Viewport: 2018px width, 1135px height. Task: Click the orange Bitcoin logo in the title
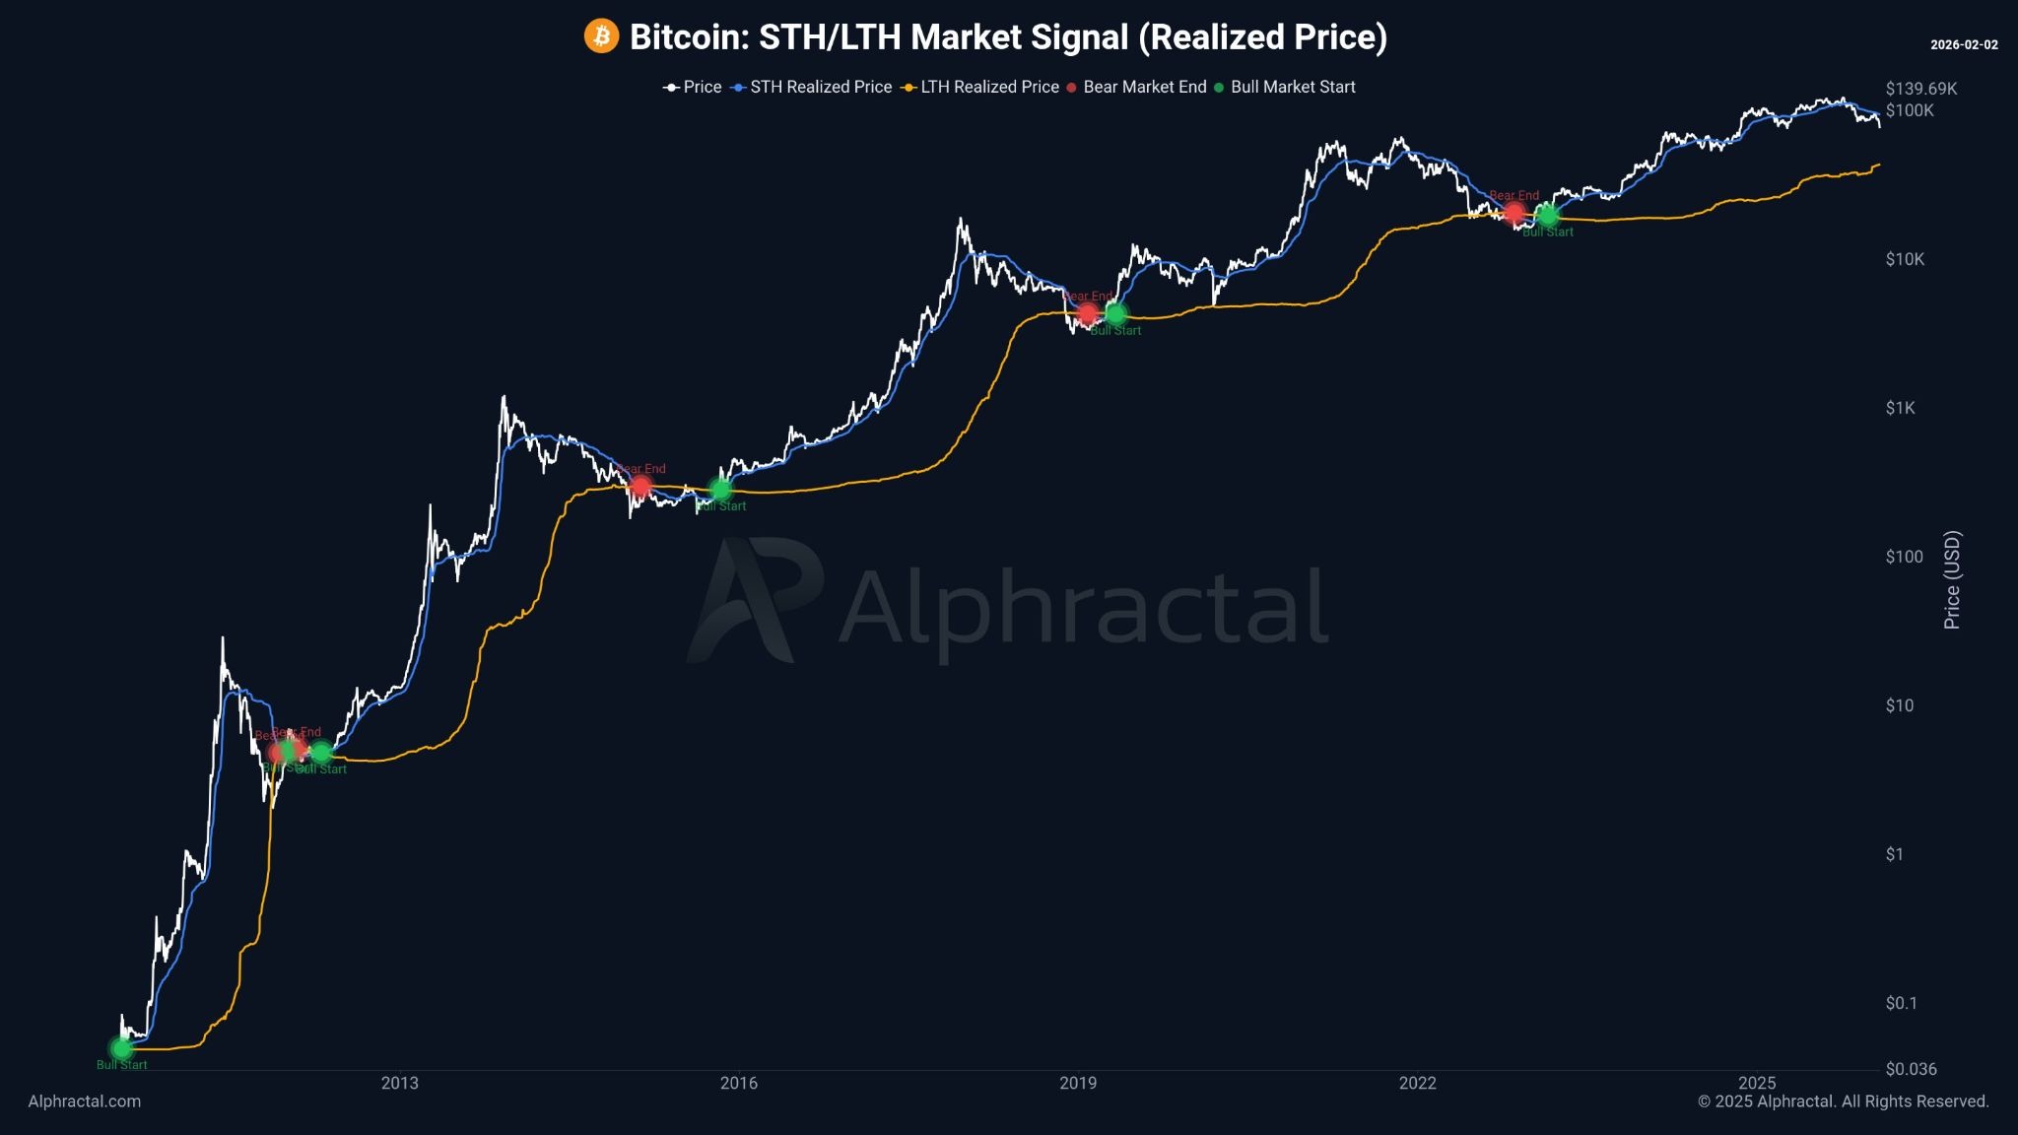(x=601, y=36)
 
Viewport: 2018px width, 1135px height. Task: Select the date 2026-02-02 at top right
(x=1964, y=45)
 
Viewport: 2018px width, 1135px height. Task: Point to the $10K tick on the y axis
(x=1905, y=259)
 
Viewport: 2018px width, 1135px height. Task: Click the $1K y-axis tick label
(x=1901, y=408)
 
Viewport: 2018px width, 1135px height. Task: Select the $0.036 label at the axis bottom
(x=1911, y=1069)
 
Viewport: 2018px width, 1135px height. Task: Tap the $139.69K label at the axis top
(x=1920, y=89)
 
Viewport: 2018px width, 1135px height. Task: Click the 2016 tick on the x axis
(x=739, y=1084)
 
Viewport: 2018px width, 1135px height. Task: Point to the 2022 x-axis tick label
(x=1417, y=1084)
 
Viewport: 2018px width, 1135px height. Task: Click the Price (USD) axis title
(x=1952, y=579)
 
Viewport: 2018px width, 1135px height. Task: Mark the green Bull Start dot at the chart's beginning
(x=121, y=1048)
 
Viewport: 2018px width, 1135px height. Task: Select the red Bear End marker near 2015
(x=640, y=486)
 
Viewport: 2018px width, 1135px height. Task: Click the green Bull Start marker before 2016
(x=720, y=490)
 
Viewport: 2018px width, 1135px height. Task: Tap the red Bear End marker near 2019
(x=1087, y=314)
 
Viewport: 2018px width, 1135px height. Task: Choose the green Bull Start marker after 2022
(x=1547, y=215)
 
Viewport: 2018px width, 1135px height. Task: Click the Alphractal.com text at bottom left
(x=85, y=1102)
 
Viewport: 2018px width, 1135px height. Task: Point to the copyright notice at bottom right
(x=1843, y=1102)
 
